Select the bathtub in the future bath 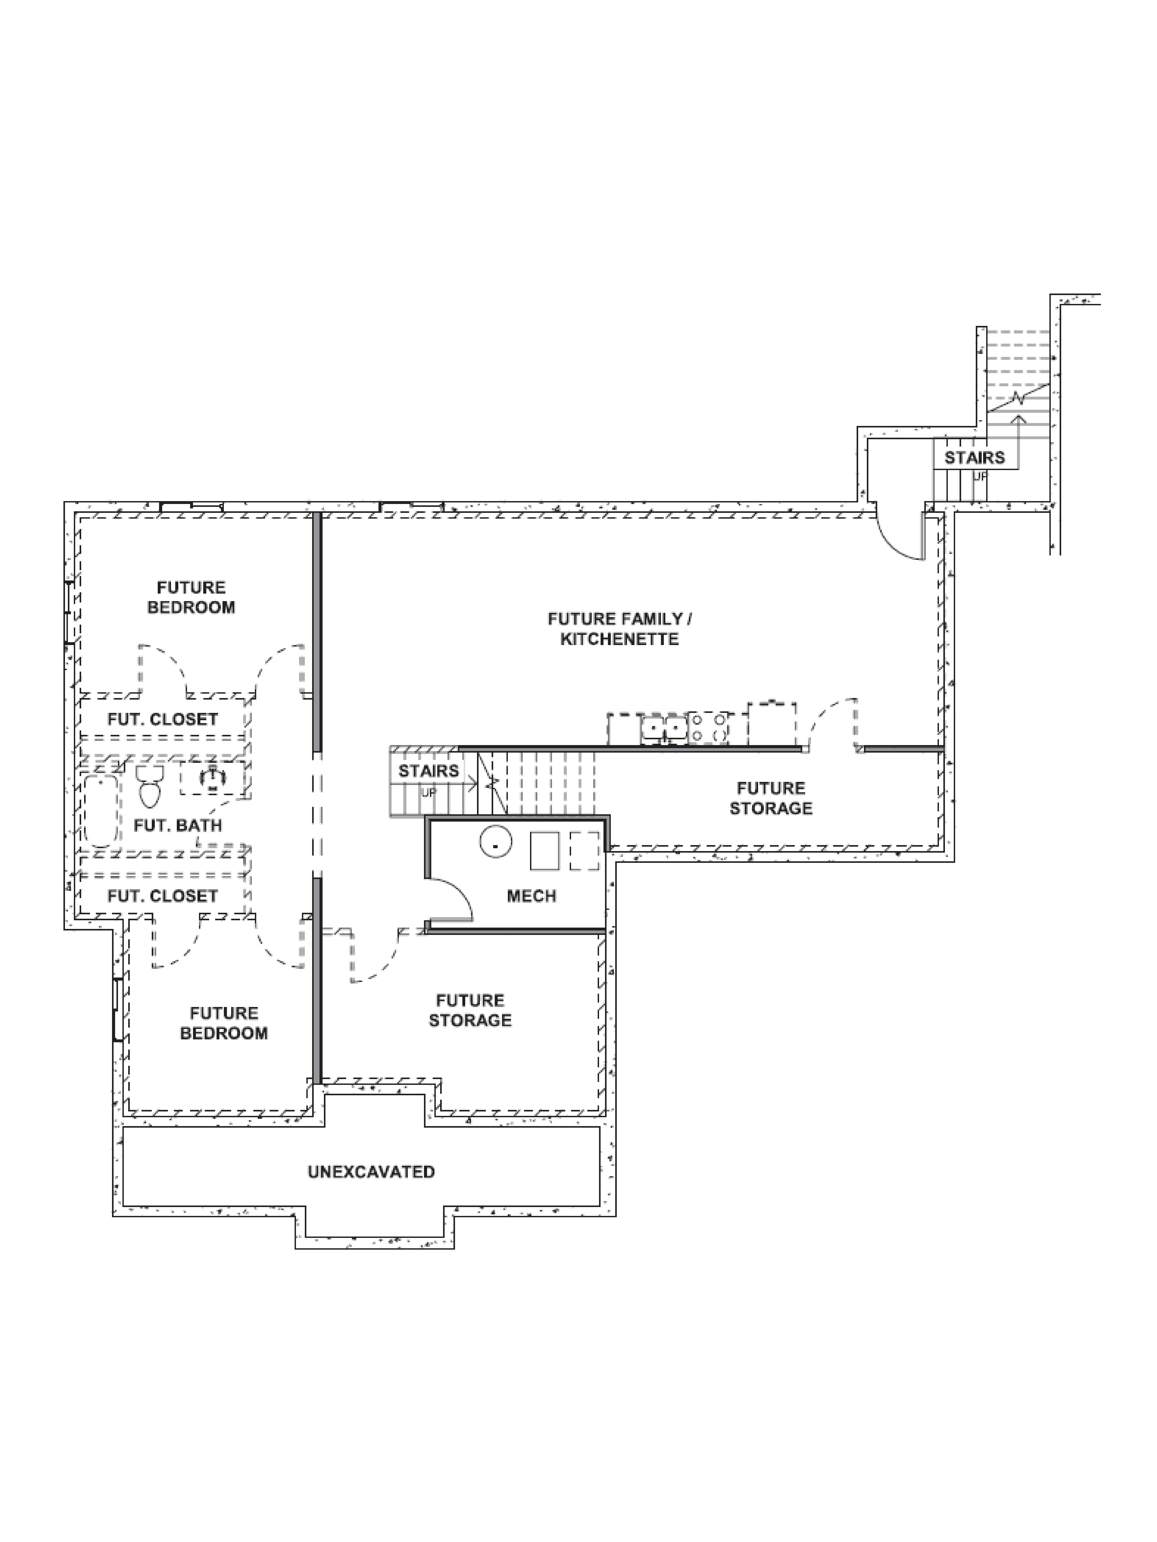102,810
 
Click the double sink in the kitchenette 664,729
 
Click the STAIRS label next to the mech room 428,771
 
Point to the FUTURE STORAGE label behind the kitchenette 771,798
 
